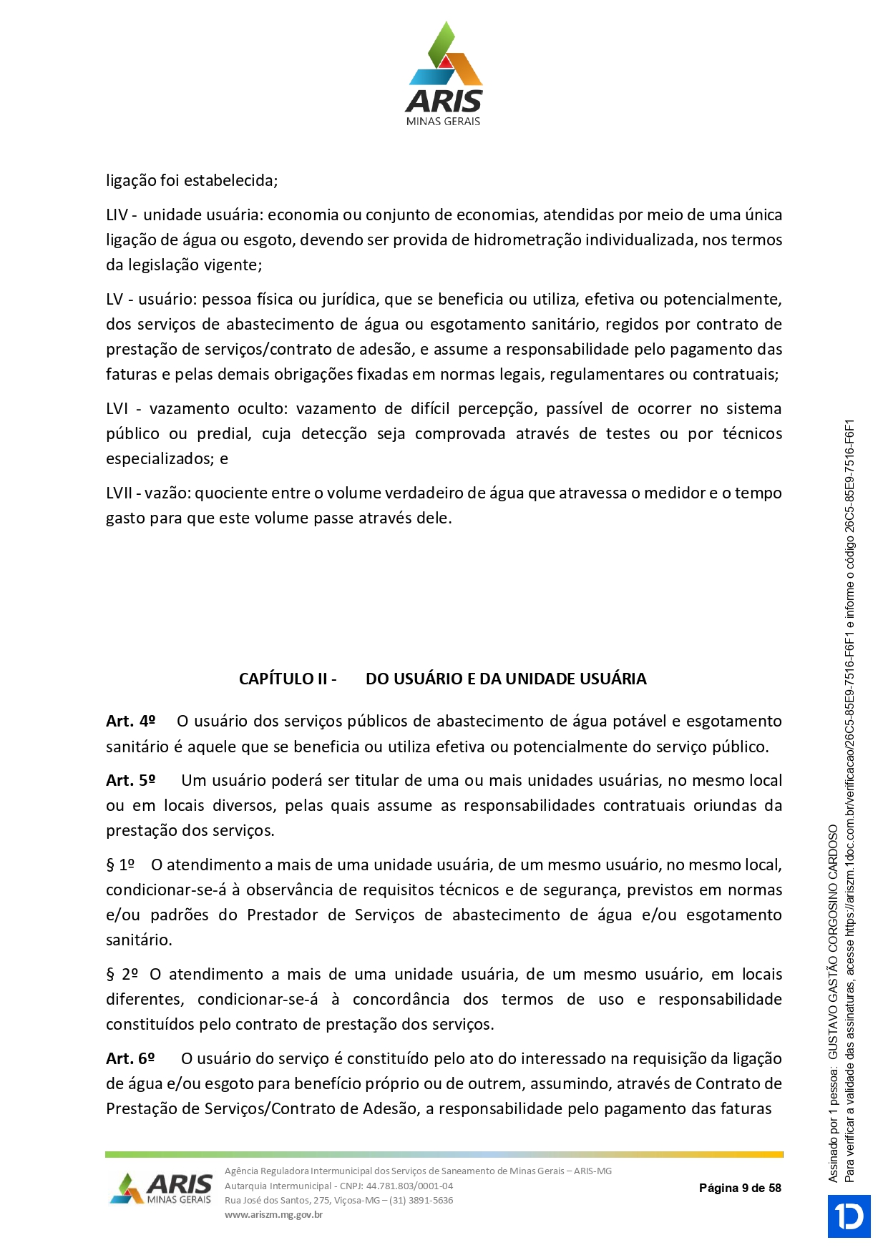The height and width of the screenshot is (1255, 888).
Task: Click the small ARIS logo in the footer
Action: pyautogui.click(x=162, y=1188)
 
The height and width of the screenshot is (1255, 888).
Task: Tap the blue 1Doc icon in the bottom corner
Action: pyautogui.click(x=849, y=1216)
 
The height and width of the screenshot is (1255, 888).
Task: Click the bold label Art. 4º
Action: pyautogui.click(x=130, y=721)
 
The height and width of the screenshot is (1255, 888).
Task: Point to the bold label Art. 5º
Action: pyautogui.click(x=130, y=780)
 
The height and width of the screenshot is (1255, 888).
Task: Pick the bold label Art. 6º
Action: pyautogui.click(x=130, y=1058)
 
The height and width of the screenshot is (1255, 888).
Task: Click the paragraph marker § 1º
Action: pyautogui.click(x=120, y=865)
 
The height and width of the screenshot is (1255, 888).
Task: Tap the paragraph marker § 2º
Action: pyautogui.click(x=122, y=974)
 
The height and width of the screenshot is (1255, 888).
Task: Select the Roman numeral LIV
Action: pyautogui.click(x=117, y=215)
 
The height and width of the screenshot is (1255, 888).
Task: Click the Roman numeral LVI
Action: pyautogui.click(x=117, y=408)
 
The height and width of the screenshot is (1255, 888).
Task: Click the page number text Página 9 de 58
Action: pyautogui.click(x=740, y=1188)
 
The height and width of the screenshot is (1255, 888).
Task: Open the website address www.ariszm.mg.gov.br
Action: pyautogui.click(x=273, y=1214)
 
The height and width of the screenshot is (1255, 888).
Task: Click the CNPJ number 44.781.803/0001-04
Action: pyautogui.click(x=409, y=1186)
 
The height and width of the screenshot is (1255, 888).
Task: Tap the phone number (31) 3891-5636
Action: pyautogui.click(x=421, y=1200)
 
